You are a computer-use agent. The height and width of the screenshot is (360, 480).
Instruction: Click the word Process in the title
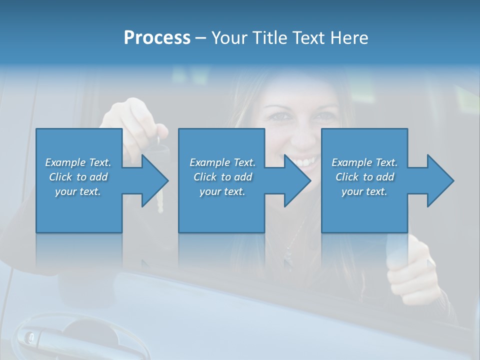[x=157, y=38]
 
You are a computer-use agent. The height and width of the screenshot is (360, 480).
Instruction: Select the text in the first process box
[x=78, y=177]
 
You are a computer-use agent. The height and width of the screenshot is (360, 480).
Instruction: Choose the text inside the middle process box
[x=222, y=177]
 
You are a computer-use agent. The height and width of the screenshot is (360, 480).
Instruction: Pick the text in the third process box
[x=364, y=177]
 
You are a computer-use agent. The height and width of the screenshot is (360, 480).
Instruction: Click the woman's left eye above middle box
[x=279, y=116]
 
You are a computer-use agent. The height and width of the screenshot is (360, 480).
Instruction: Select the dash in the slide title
[x=201, y=38]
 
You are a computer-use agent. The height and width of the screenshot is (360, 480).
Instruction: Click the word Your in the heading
[x=229, y=38]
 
